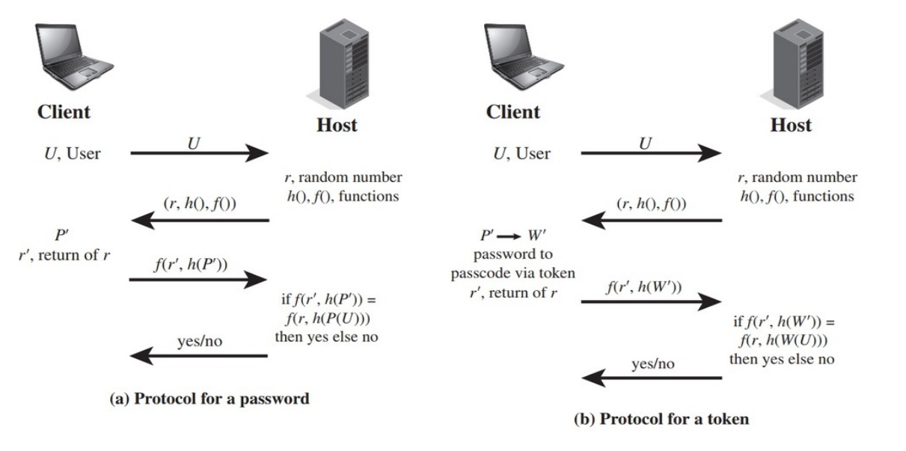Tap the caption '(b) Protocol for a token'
pos(661,420)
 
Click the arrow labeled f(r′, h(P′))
pos(198,280)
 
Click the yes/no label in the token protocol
pos(653,363)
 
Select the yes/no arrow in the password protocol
pos(198,356)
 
